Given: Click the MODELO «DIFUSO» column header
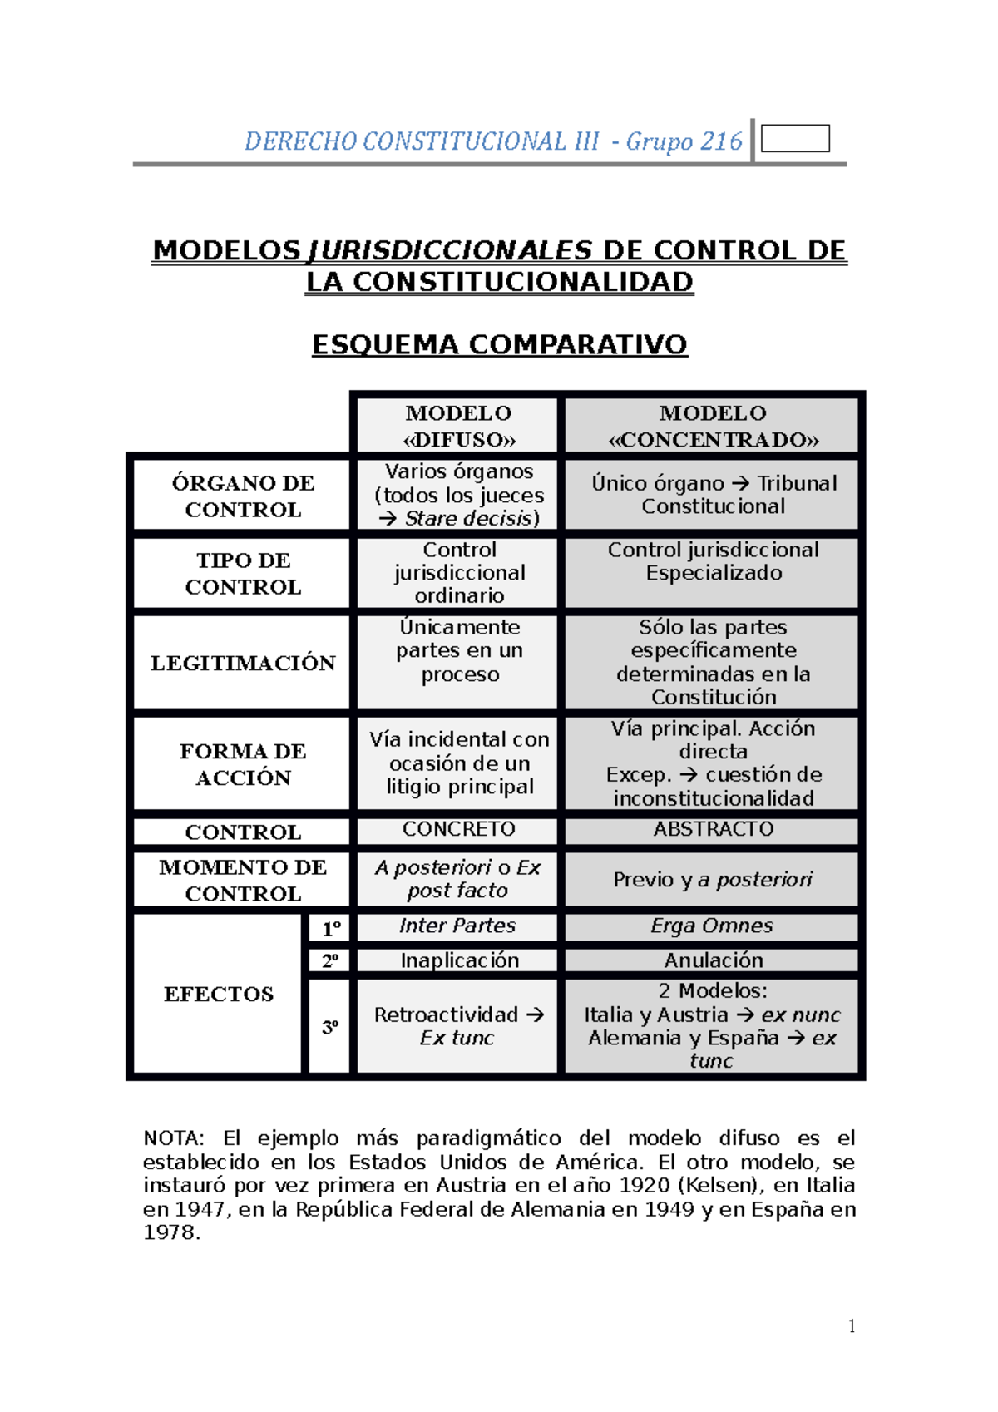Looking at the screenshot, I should (458, 427).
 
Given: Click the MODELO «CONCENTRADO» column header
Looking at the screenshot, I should (713, 427).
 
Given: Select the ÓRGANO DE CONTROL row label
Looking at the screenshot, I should (243, 496).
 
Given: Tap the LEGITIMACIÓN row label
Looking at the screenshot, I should (243, 664).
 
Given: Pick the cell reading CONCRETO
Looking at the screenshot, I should (458, 829).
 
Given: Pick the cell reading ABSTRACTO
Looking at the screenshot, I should (713, 829).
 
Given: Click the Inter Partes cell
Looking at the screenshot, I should (457, 926).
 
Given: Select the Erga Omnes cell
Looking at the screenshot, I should (712, 926).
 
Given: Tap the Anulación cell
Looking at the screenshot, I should (713, 960).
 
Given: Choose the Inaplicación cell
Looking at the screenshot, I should (459, 960).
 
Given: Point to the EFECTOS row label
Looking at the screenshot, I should (219, 995).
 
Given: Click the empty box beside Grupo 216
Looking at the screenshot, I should (795, 139).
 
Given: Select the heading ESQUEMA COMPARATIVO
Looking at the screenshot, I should (499, 344).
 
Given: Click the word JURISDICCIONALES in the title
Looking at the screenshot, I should (450, 250).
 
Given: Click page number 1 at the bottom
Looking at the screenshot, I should (851, 1326).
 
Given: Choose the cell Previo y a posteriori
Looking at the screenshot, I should (713, 880).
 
